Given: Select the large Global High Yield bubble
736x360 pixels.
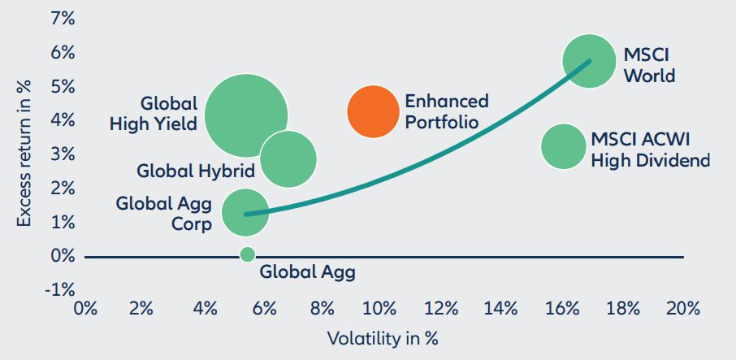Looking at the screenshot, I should pos(245,115).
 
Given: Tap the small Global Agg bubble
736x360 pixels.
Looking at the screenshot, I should pos(248,254).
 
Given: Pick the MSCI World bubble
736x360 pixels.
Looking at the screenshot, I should pos(591,61).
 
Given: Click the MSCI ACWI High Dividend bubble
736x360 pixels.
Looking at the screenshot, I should pos(564,146).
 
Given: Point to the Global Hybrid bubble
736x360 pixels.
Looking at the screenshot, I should pos(288,158).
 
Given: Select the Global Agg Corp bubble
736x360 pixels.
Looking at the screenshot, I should pos(245,212).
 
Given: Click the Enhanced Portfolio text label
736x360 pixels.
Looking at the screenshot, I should pos(446,111).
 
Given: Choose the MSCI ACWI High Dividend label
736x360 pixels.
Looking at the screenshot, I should pos(650,149).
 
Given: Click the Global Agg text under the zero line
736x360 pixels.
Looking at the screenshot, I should pos(307,272).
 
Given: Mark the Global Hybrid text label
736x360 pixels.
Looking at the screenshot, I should pos(196,171).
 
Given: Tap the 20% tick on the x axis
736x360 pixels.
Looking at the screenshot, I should pos(682,310).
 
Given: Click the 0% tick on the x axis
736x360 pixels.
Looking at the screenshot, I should pos(84,310).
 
